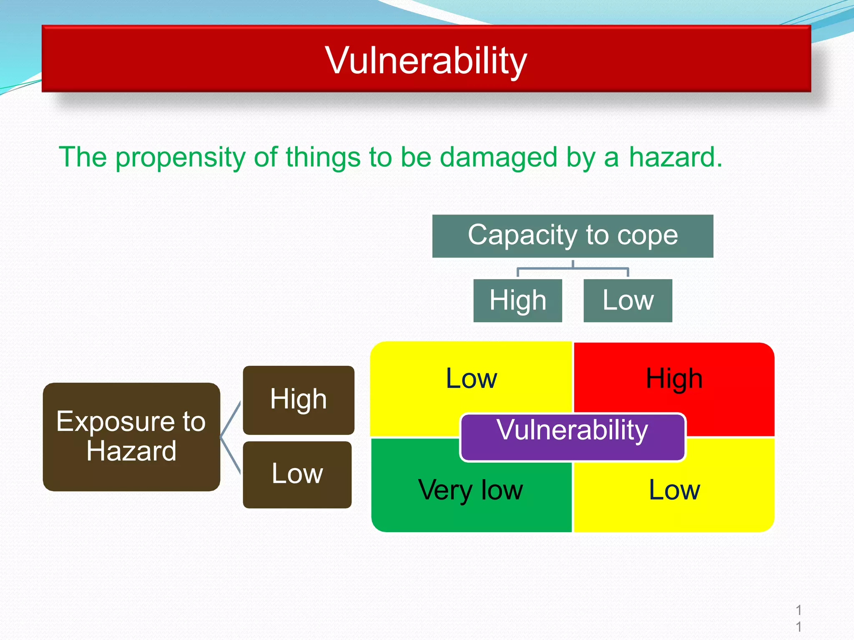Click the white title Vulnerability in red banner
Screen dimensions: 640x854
[x=426, y=60]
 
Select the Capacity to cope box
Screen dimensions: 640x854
[x=573, y=236]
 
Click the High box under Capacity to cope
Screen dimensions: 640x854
[x=517, y=300]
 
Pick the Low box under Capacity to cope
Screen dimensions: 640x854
[x=628, y=300]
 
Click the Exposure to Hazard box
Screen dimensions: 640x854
[x=131, y=436]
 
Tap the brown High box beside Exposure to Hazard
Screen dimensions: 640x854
[x=299, y=400]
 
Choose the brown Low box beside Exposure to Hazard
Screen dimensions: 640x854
[x=297, y=474]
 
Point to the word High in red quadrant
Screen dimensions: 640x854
[x=674, y=379]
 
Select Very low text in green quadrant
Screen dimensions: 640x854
[x=470, y=490]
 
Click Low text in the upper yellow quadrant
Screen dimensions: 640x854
[x=471, y=379]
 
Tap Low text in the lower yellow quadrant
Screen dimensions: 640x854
[x=674, y=490]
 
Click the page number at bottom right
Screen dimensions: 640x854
[x=798, y=618]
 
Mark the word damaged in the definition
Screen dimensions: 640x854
[x=498, y=157]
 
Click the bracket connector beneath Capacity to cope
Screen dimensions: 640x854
[x=573, y=268]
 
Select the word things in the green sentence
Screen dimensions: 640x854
[x=323, y=157]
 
